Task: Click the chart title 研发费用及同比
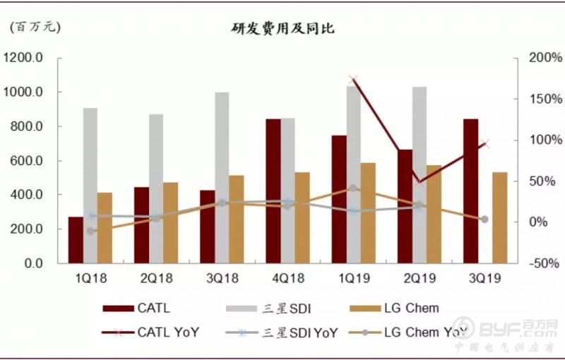(282, 29)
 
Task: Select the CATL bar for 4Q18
(273, 191)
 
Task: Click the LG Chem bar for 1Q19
(368, 212)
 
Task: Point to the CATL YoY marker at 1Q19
(353, 80)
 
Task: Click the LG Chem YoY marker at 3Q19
(484, 220)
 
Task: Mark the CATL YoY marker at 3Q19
(484, 144)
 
